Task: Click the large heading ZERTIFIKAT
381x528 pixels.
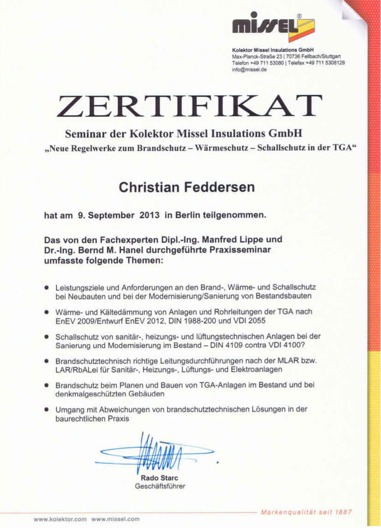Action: tap(189, 105)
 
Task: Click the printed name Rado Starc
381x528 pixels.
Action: tap(160, 478)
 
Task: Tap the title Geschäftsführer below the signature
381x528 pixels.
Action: tap(160, 486)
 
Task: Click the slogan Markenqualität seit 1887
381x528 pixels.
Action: tap(306, 512)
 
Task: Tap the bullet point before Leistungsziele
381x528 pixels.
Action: tap(47, 287)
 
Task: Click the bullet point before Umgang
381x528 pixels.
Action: tap(47, 409)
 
